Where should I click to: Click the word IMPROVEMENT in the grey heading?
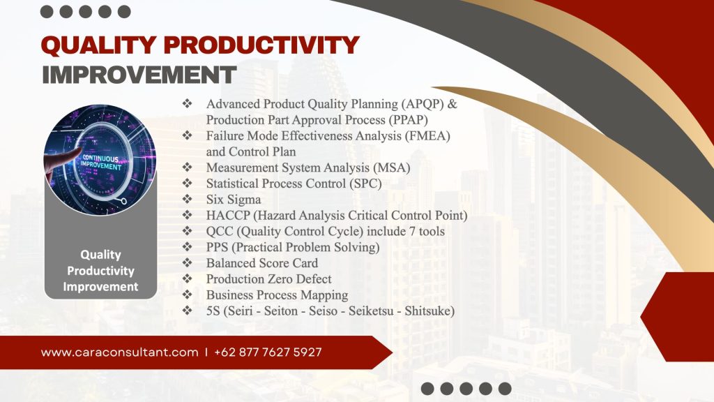[139, 75]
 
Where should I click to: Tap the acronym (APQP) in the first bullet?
[423, 104]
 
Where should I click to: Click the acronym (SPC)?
[365, 184]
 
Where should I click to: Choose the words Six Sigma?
[234, 200]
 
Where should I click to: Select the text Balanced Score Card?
[262, 263]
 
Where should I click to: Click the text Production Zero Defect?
[268, 279]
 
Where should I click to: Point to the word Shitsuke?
[430, 311]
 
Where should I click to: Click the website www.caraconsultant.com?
[120, 352]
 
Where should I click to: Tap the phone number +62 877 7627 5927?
[268, 352]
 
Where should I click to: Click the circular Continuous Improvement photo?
[100, 160]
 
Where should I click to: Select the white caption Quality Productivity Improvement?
[100, 270]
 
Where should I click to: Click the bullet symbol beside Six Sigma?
[187, 199]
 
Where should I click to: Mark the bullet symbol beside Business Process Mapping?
[187, 295]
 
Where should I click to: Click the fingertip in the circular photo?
[78, 151]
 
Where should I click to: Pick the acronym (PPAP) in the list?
[407, 120]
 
